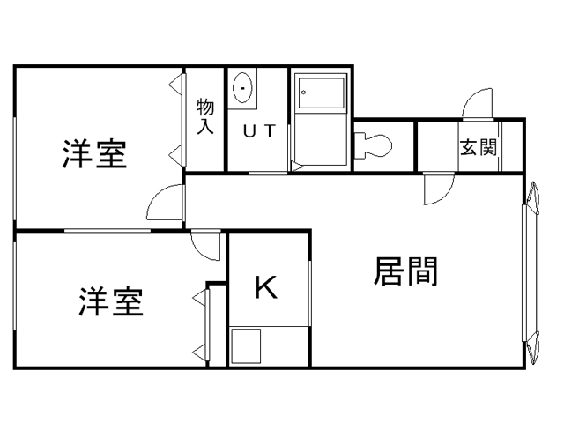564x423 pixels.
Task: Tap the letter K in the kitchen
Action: [x=266, y=287]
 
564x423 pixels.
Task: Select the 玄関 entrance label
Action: [x=477, y=147]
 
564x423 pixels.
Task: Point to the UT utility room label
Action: [x=259, y=131]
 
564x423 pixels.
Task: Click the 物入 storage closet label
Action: [x=204, y=117]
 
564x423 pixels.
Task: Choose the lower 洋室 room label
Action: [x=110, y=302]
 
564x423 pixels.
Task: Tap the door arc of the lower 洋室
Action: [x=206, y=245]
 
